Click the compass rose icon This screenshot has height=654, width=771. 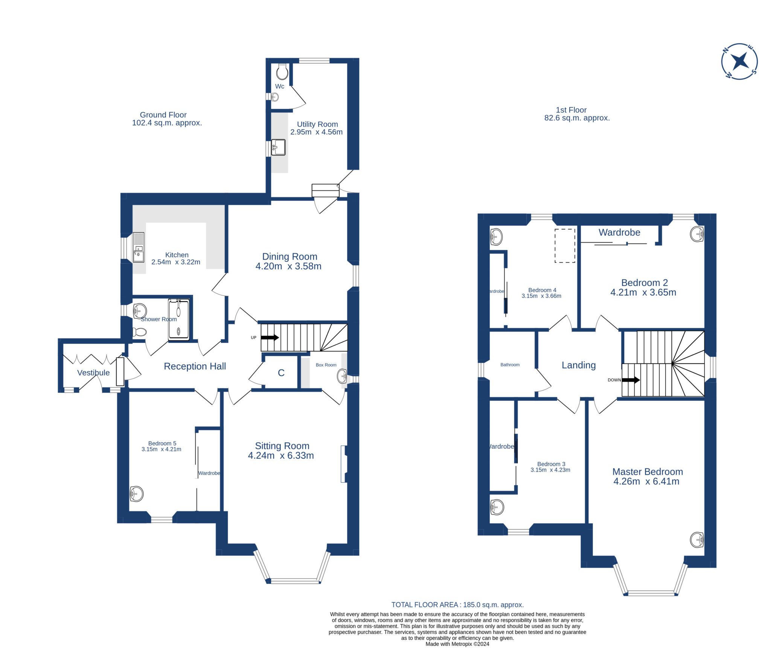point(739,61)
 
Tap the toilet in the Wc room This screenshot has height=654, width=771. point(282,72)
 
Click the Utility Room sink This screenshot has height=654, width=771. point(278,147)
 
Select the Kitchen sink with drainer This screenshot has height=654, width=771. point(138,247)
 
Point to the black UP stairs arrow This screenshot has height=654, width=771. point(270,338)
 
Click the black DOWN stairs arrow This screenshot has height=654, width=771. point(631,380)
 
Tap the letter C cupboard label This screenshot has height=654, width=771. point(281,373)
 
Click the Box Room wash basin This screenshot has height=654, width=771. point(342,376)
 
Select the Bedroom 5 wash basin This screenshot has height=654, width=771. point(136,494)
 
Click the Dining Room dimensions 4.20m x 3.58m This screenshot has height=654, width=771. point(288,266)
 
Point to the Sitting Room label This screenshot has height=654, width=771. point(282,446)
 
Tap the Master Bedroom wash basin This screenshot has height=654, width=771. point(697,540)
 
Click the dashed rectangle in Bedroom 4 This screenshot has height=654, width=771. point(565,245)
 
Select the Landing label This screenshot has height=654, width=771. point(579,365)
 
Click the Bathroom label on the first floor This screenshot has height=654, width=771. point(510,365)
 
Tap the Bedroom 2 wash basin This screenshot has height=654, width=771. point(697,234)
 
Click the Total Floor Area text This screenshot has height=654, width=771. point(457,605)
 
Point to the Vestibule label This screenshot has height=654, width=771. point(93,373)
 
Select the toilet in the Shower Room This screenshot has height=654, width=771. point(140,332)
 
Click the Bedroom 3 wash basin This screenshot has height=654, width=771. point(497,507)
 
